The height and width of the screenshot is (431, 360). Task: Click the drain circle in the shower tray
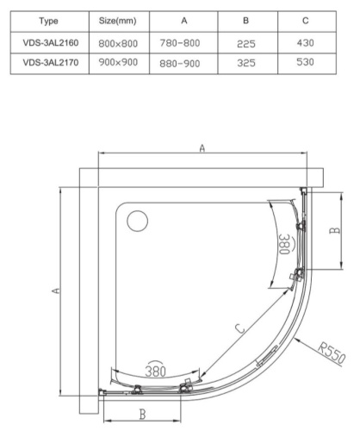click(137, 222)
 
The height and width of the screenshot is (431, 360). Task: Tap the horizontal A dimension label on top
click(202, 148)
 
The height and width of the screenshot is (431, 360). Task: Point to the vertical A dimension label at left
click(53, 292)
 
